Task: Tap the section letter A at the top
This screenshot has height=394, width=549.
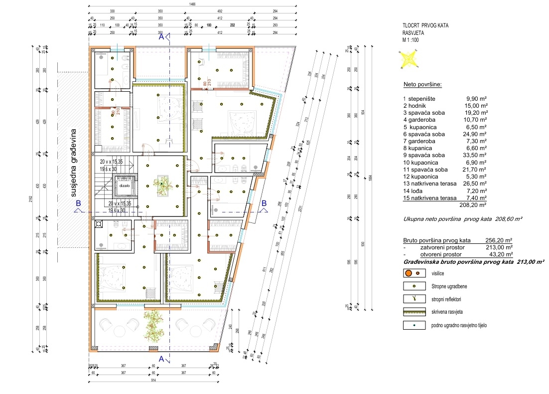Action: point(160,36)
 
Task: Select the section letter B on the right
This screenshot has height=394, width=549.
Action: point(264,203)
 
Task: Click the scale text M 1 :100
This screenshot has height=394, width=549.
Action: point(414,39)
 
